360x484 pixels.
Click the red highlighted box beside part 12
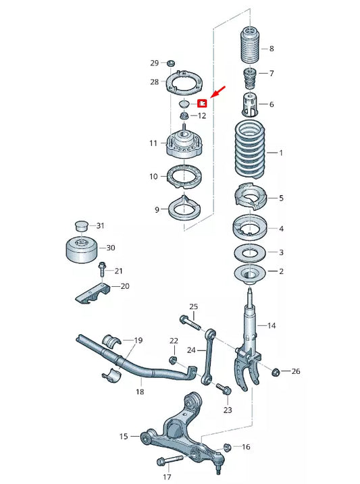[201, 104]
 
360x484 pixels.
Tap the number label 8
[272, 49]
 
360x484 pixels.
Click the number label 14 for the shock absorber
[272, 325]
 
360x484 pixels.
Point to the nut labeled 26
[276, 371]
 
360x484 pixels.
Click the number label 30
[111, 248]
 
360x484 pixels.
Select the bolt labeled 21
[102, 269]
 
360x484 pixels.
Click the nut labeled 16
[227, 447]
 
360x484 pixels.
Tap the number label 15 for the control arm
[124, 437]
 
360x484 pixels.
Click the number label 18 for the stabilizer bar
[140, 391]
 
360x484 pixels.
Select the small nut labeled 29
[170, 63]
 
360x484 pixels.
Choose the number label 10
[153, 176]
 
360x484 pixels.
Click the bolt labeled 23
[223, 388]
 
